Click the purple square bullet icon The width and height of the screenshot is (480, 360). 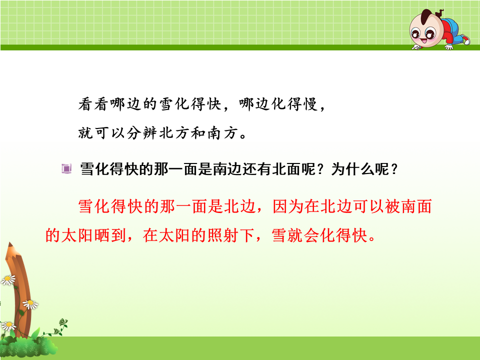coord(66,168)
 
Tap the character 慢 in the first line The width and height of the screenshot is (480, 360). coord(310,104)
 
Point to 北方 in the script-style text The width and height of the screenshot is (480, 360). coord(174,133)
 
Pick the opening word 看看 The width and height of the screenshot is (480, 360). coord(93,104)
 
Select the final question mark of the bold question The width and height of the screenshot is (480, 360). coord(394,169)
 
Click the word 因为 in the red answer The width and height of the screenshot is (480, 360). coord(288,206)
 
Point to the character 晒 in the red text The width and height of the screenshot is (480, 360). coord(102,235)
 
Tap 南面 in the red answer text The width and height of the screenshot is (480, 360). coord(416,206)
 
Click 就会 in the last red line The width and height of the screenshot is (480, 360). coord(303,235)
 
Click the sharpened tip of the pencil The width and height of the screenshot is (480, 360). coord(10,244)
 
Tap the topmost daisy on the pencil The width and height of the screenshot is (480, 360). coord(8,280)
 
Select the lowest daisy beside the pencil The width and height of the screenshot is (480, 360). coord(8,326)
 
